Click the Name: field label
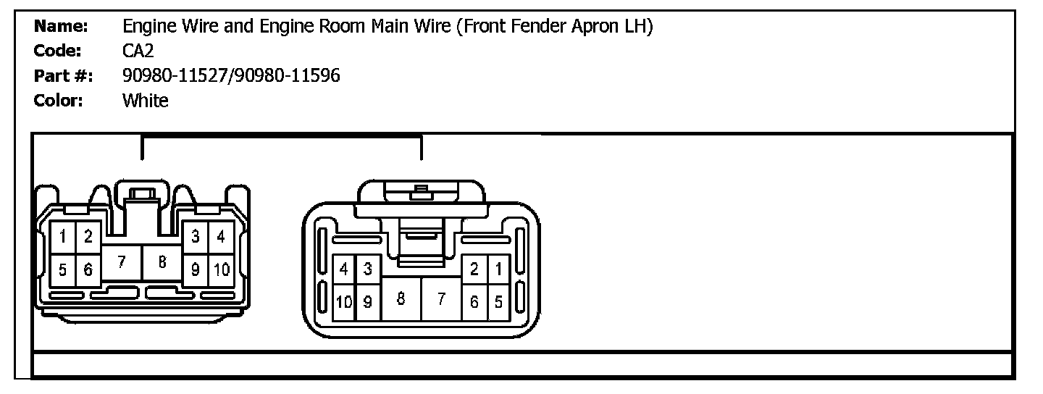61,27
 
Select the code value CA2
138,51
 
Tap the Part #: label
64,75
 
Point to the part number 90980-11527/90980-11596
231,75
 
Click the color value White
145,100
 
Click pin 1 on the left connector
64,236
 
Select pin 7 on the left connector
121,262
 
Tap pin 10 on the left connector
221,270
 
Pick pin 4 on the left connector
221,236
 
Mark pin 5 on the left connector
64,270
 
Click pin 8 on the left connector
162,262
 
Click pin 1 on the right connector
498,269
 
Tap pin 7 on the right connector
441,298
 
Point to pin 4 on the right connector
344,269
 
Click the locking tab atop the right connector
420,194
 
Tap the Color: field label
59,100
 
